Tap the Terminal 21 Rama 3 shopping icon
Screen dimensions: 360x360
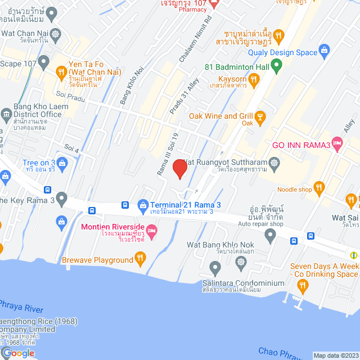pyautogui.click(x=143, y=205)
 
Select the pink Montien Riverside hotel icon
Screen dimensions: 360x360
pyautogui.click(x=151, y=230)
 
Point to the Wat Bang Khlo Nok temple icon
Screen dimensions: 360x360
pyautogui.click(x=241, y=262)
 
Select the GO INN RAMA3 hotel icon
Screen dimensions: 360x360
pyautogui.click(x=337, y=144)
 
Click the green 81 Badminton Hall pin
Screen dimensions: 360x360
pyautogui.click(x=276, y=66)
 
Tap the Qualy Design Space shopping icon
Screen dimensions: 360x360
pyautogui.click(x=324, y=51)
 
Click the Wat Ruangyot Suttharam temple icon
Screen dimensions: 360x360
pyautogui.click(x=274, y=164)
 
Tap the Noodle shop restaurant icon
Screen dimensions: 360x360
pyautogui.click(x=319, y=187)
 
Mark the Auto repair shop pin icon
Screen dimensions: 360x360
pyautogui.click(x=271, y=236)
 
